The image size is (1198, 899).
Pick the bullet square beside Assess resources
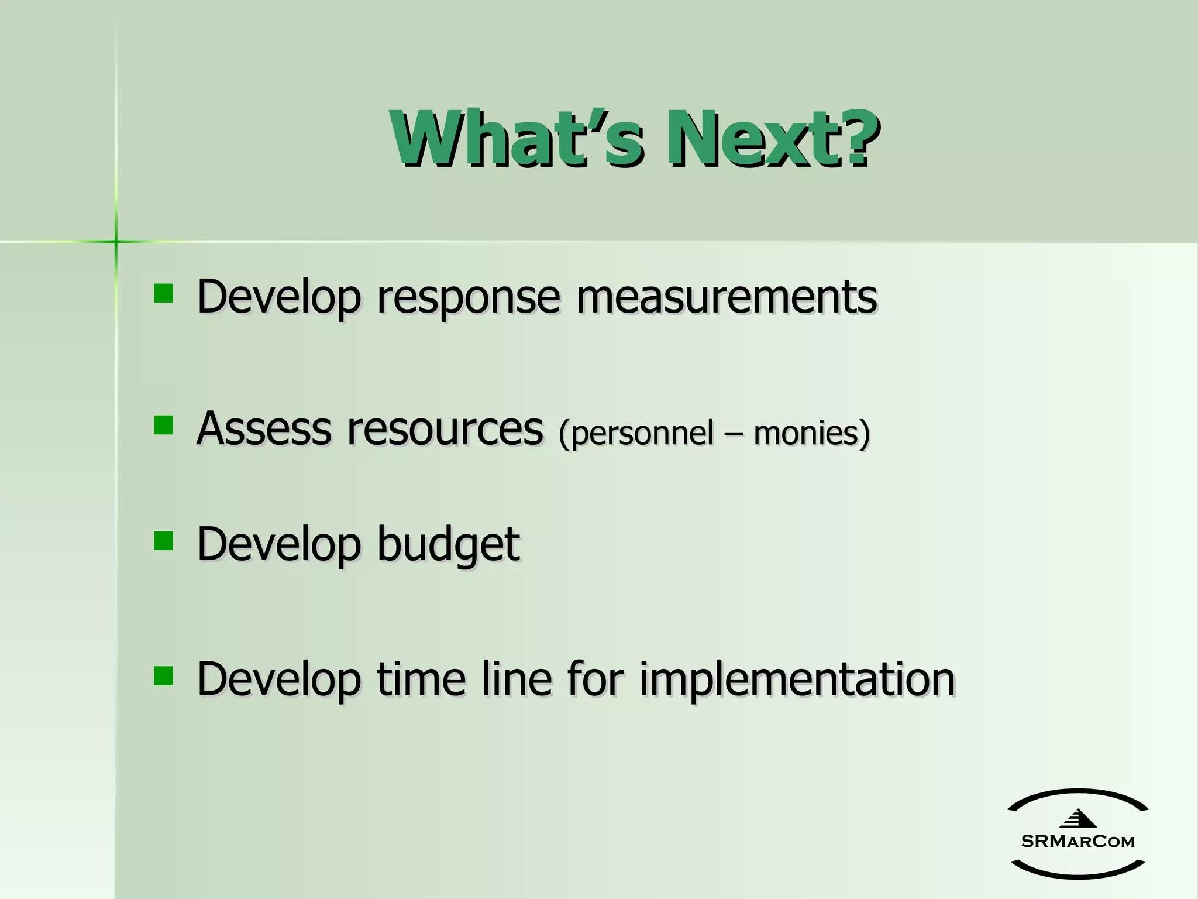[x=163, y=426]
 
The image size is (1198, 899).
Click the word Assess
[x=264, y=428]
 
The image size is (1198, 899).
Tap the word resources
[x=445, y=430]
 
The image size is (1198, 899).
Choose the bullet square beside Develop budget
[x=163, y=541]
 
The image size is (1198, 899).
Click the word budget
[x=448, y=544]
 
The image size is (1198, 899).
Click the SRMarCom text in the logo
[x=1077, y=842]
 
